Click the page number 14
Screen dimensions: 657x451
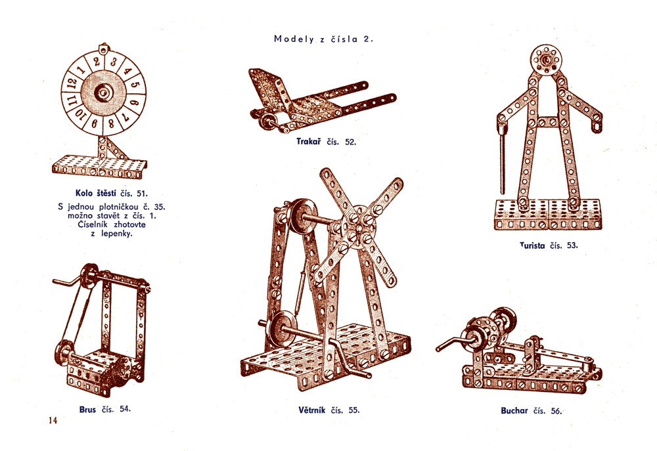[53, 420]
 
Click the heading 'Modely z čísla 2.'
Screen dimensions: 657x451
[323, 39]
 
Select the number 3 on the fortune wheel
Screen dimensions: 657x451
[113, 62]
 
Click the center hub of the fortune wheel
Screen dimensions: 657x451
[103, 93]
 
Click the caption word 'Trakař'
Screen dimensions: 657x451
[308, 141]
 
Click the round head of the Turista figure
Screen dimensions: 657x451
[545, 60]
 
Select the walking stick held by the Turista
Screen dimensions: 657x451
[503, 161]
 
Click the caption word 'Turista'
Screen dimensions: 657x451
[533, 246]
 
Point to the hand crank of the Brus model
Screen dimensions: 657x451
[67, 282]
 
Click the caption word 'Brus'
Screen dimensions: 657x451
[87, 410]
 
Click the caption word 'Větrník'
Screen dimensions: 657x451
[311, 410]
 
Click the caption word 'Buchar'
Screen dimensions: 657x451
[514, 411]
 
